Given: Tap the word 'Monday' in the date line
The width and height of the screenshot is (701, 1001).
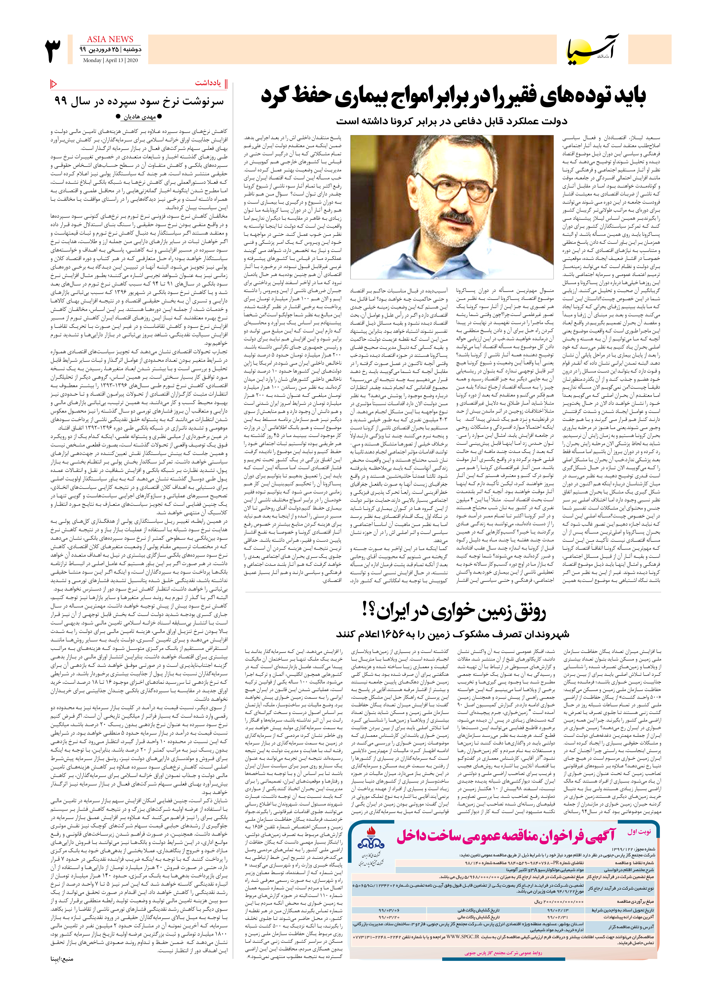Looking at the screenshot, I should click(92, 60).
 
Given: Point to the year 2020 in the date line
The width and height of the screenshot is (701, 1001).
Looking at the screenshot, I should click(132, 60).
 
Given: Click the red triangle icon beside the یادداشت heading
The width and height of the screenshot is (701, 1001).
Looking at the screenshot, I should click(54, 83).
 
